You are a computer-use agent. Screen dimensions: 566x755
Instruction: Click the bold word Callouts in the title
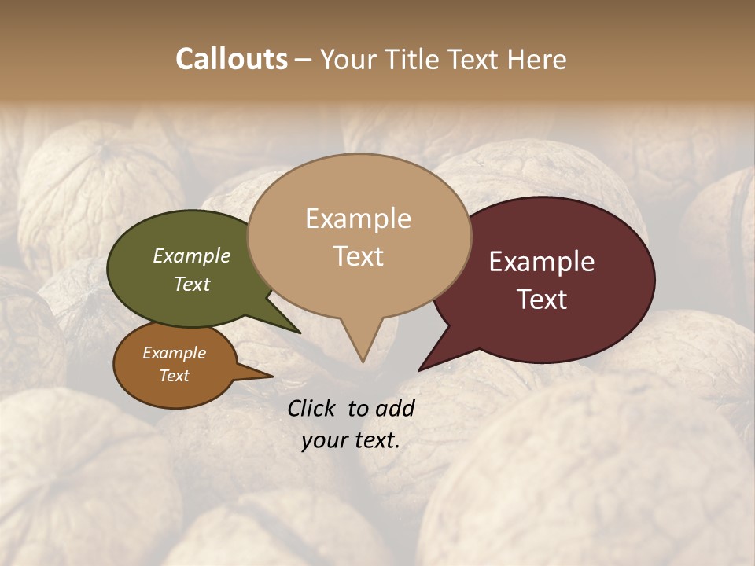coord(231,59)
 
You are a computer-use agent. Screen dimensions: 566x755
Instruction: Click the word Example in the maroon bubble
coord(542,262)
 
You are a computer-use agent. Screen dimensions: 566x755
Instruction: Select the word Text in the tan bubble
coord(359,256)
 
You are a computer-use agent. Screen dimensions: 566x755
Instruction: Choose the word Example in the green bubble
coord(192,255)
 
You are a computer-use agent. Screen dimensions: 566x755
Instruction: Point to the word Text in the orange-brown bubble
coord(175,376)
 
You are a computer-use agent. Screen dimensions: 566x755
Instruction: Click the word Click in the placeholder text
coord(313,408)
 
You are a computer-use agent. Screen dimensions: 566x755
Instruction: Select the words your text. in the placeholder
coord(351,441)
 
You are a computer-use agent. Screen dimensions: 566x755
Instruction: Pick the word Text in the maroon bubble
coord(542,300)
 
